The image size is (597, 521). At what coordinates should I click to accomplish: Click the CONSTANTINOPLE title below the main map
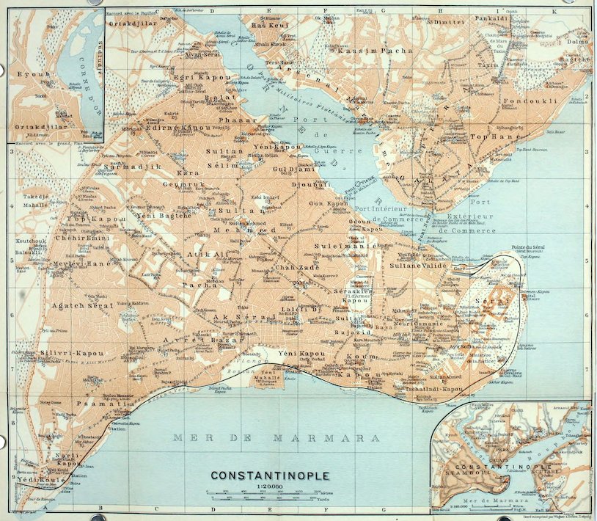point(270,476)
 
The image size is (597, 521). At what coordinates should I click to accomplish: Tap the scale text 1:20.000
point(269,487)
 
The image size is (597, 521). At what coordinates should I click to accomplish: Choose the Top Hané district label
point(489,137)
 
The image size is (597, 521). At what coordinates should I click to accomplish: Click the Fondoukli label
point(532,100)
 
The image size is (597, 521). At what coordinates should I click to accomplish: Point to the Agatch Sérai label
point(82,305)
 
